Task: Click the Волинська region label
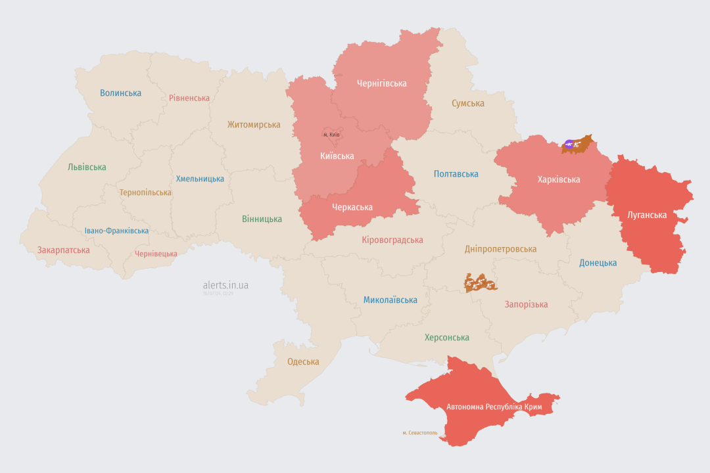120,93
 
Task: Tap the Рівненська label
189,99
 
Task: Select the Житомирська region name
254,125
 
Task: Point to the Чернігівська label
381,83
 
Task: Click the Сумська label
467,104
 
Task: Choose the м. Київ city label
331,135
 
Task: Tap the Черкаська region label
352,208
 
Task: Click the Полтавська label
456,174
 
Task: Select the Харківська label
558,179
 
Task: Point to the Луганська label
647,215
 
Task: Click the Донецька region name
598,263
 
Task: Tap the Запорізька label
526,304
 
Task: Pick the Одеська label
303,362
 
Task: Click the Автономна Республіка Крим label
494,407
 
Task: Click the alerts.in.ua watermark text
225,285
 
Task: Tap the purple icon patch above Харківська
569,143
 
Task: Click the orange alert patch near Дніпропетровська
480,284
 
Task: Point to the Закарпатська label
63,250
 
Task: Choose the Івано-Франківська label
116,231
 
